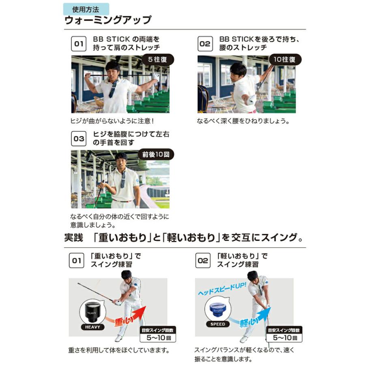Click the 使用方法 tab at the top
coord(86,9)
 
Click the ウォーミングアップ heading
coord(108,20)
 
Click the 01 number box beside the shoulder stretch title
coord(79,43)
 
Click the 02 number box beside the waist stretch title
coord(205,43)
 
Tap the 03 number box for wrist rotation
coord(79,138)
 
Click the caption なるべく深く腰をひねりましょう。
coord(243,121)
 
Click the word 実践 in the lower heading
coord(73,237)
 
